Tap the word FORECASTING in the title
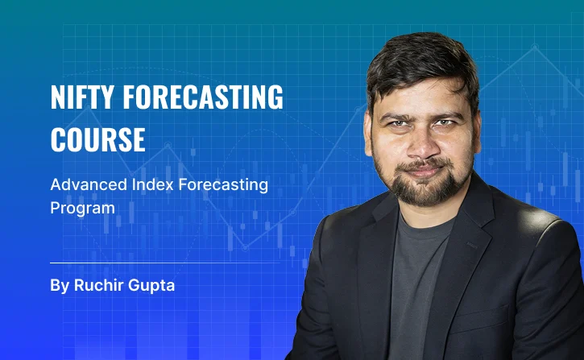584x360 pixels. coord(203,97)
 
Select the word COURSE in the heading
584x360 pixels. coord(97,139)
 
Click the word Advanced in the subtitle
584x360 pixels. coord(89,184)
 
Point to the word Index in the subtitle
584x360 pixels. coord(153,184)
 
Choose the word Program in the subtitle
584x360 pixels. coord(82,209)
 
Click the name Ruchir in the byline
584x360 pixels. coord(98,286)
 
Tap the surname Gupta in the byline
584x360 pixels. coord(151,286)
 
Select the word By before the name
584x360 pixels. coord(60,286)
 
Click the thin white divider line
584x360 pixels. coord(164,263)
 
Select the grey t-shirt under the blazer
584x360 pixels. coord(417,283)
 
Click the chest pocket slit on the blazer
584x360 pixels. coord(472,245)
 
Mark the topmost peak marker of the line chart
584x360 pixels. coord(535,47)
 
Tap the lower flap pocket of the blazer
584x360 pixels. coord(480,317)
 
